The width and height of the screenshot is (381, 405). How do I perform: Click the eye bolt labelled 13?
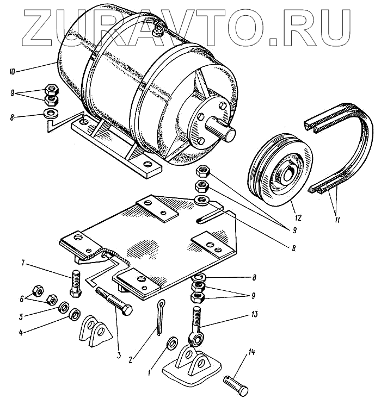point(196,326)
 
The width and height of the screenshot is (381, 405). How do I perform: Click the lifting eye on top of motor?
point(159,27)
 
